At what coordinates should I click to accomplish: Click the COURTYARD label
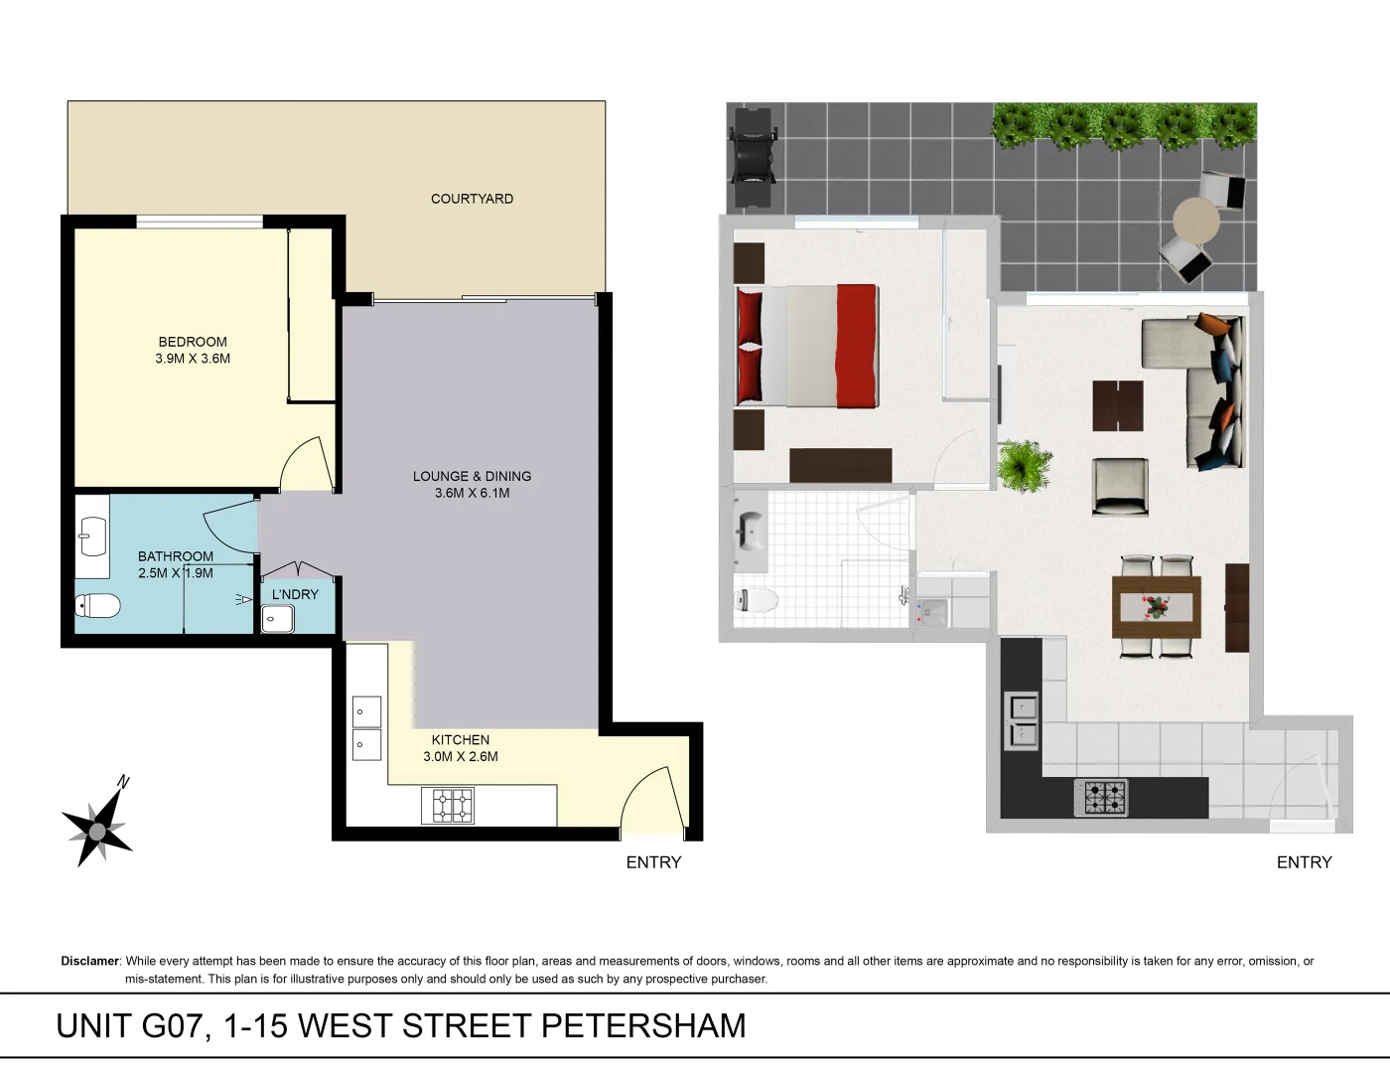pos(472,199)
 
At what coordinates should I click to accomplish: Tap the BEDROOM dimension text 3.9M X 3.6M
pos(193,359)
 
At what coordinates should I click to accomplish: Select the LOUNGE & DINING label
pos(472,476)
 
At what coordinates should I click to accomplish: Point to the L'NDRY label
pos(295,594)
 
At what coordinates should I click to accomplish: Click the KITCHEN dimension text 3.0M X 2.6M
pos(461,756)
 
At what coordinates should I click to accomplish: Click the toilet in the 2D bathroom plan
pos(97,605)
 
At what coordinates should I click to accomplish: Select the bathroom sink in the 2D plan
pos(92,536)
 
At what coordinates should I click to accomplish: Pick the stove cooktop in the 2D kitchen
pos(448,805)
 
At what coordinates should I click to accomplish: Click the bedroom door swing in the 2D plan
pos(304,465)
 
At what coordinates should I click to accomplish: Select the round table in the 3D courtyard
pos(1195,220)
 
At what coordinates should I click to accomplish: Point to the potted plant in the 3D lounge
pos(1023,466)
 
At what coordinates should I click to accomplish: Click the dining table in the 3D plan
pos(1157,606)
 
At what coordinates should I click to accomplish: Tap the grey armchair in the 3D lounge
pos(1120,486)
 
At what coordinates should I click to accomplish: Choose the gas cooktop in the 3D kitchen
pos(1101,797)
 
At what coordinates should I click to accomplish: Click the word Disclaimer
pos(90,961)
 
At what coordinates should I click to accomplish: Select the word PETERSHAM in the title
pos(643,1025)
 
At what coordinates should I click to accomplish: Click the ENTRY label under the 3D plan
pos(1304,862)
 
